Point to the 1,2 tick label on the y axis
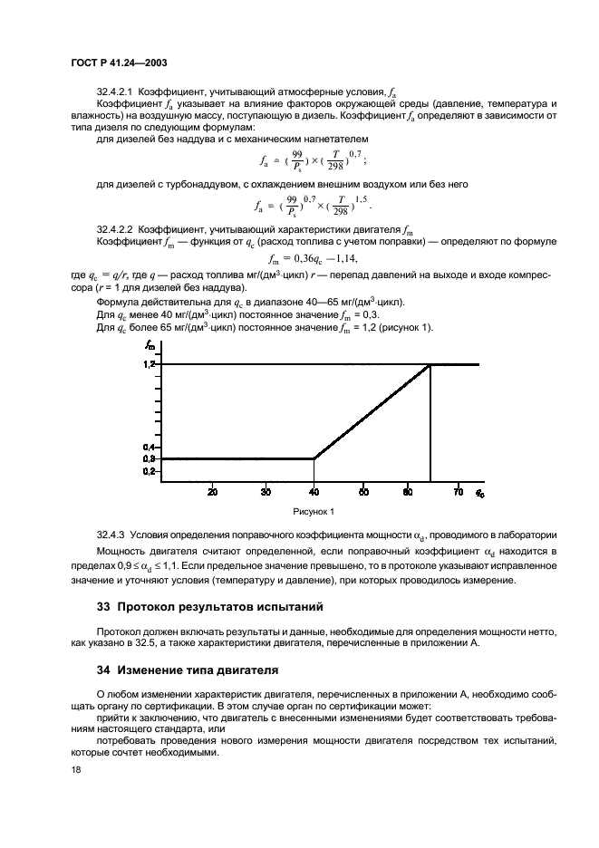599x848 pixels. coord(150,364)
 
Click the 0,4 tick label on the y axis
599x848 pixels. coord(150,448)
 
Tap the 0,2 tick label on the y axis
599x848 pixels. coord(150,471)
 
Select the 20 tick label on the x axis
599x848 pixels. coord(212,492)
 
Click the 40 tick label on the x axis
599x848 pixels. coord(314,492)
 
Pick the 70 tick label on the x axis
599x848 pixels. coord(459,492)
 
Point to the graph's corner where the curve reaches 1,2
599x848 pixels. coord(430,364)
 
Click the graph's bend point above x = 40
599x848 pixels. coord(314,458)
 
